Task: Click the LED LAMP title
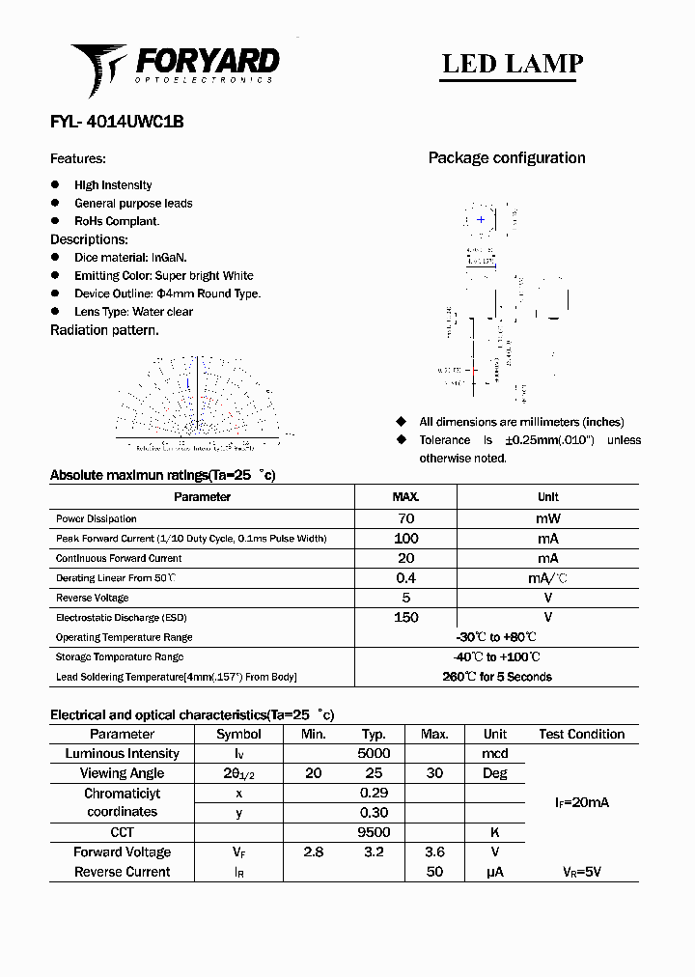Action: pos(512,64)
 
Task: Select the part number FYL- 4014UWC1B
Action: pos(117,123)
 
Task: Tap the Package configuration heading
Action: pos(507,158)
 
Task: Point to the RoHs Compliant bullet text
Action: pos(117,221)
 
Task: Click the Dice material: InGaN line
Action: pos(130,258)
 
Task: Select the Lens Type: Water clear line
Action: pos(133,312)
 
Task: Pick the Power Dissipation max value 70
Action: pos(405,519)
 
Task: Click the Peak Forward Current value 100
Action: pos(405,539)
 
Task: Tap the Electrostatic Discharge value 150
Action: pos(405,618)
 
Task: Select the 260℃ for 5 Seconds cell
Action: pos(497,677)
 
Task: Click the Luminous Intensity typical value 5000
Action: pos(374,754)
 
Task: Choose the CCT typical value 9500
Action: pos(374,832)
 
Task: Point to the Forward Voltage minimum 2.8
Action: pos(314,852)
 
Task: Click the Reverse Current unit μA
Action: pos(495,872)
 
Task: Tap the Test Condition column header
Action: pos(581,735)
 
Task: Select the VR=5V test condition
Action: pos(581,872)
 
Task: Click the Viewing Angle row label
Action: pos(123,773)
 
